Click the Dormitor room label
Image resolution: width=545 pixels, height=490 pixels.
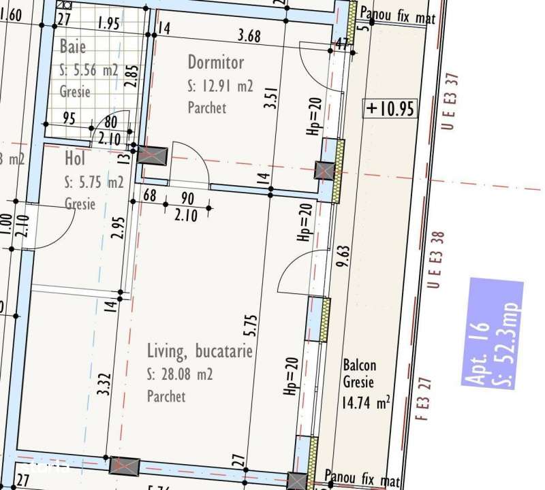click(x=215, y=63)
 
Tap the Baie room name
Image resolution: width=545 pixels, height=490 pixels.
click(x=73, y=47)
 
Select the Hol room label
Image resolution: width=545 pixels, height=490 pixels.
click(x=74, y=159)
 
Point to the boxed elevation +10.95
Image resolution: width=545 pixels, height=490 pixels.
click(x=390, y=109)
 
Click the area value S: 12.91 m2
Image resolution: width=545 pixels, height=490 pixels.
click(x=219, y=86)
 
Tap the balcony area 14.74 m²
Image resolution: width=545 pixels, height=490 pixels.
click(x=366, y=403)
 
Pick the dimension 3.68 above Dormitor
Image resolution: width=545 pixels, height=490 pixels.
click(x=249, y=37)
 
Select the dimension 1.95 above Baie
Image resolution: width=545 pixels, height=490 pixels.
click(x=108, y=23)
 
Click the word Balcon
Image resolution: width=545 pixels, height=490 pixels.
click(x=359, y=365)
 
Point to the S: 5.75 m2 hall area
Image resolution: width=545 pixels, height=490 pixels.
click(x=94, y=182)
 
